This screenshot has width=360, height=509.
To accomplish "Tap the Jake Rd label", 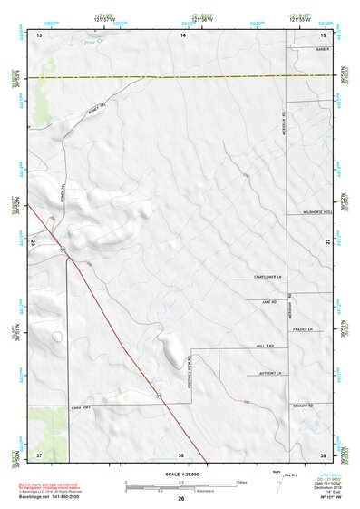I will (x=268, y=301).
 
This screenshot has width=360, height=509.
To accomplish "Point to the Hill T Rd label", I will (x=265, y=347).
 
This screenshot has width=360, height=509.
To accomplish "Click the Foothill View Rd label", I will (x=187, y=370).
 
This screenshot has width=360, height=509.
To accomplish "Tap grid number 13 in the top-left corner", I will (x=39, y=34).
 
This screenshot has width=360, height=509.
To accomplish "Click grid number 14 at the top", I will (x=182, y=34).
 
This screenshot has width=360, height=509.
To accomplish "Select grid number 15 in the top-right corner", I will (x=322, y=34).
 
